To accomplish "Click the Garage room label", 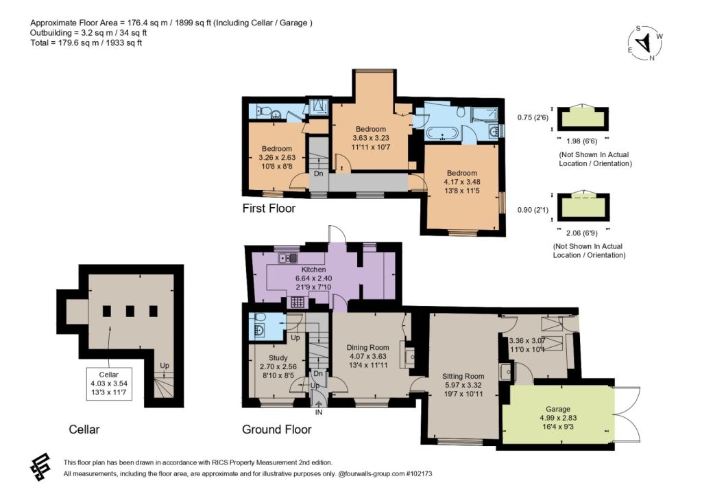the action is (558, 409).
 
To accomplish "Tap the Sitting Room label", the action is (463, 377).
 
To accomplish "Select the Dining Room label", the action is (367, 347).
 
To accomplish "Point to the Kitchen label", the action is (313, 270).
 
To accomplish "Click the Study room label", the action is (278, 358).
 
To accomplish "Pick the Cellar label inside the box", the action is (109, 375).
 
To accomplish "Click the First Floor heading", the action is (269, 209).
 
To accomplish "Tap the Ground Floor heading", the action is (277, 429).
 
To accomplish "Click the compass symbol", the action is (644, 43).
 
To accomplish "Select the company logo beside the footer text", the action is (40, 467).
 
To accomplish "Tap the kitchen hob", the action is (298, 302).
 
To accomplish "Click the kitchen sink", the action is (288, 258).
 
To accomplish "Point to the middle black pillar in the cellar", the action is (130, 311).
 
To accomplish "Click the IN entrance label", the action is (318, 412).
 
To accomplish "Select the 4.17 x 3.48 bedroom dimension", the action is (461, 182).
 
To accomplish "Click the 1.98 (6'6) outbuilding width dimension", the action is (581, 141).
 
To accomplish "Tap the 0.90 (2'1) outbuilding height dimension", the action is (533, 210).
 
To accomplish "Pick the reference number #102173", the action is (419, 473).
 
